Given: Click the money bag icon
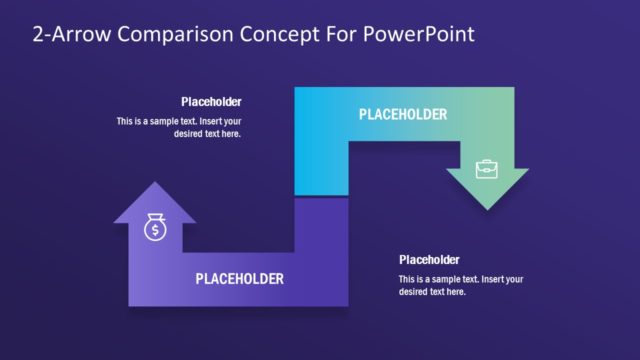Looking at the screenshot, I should pos(155,229).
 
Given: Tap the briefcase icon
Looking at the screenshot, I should pos(486,168).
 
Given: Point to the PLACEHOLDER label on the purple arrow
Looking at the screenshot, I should pos(239,278).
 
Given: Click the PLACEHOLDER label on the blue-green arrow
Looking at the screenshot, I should pos(403,115).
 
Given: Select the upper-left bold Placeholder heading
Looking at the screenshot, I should pos(211,102).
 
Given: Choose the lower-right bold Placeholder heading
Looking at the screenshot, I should pos(429,260).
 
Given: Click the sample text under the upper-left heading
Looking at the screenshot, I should pos(179,127).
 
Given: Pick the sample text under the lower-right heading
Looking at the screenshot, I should pos(461,285).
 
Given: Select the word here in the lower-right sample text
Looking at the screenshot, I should pos(456,291).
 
